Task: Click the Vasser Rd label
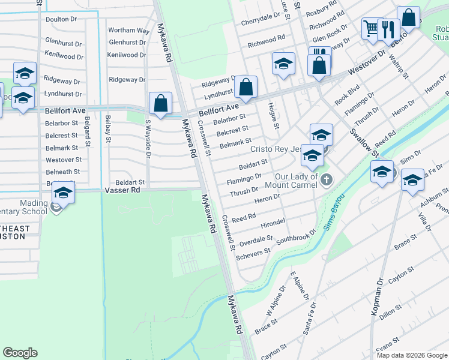122,190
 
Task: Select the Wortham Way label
128,31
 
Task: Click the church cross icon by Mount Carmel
327,179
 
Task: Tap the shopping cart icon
372,28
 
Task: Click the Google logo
20,353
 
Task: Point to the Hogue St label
276,115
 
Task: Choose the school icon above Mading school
62,193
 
